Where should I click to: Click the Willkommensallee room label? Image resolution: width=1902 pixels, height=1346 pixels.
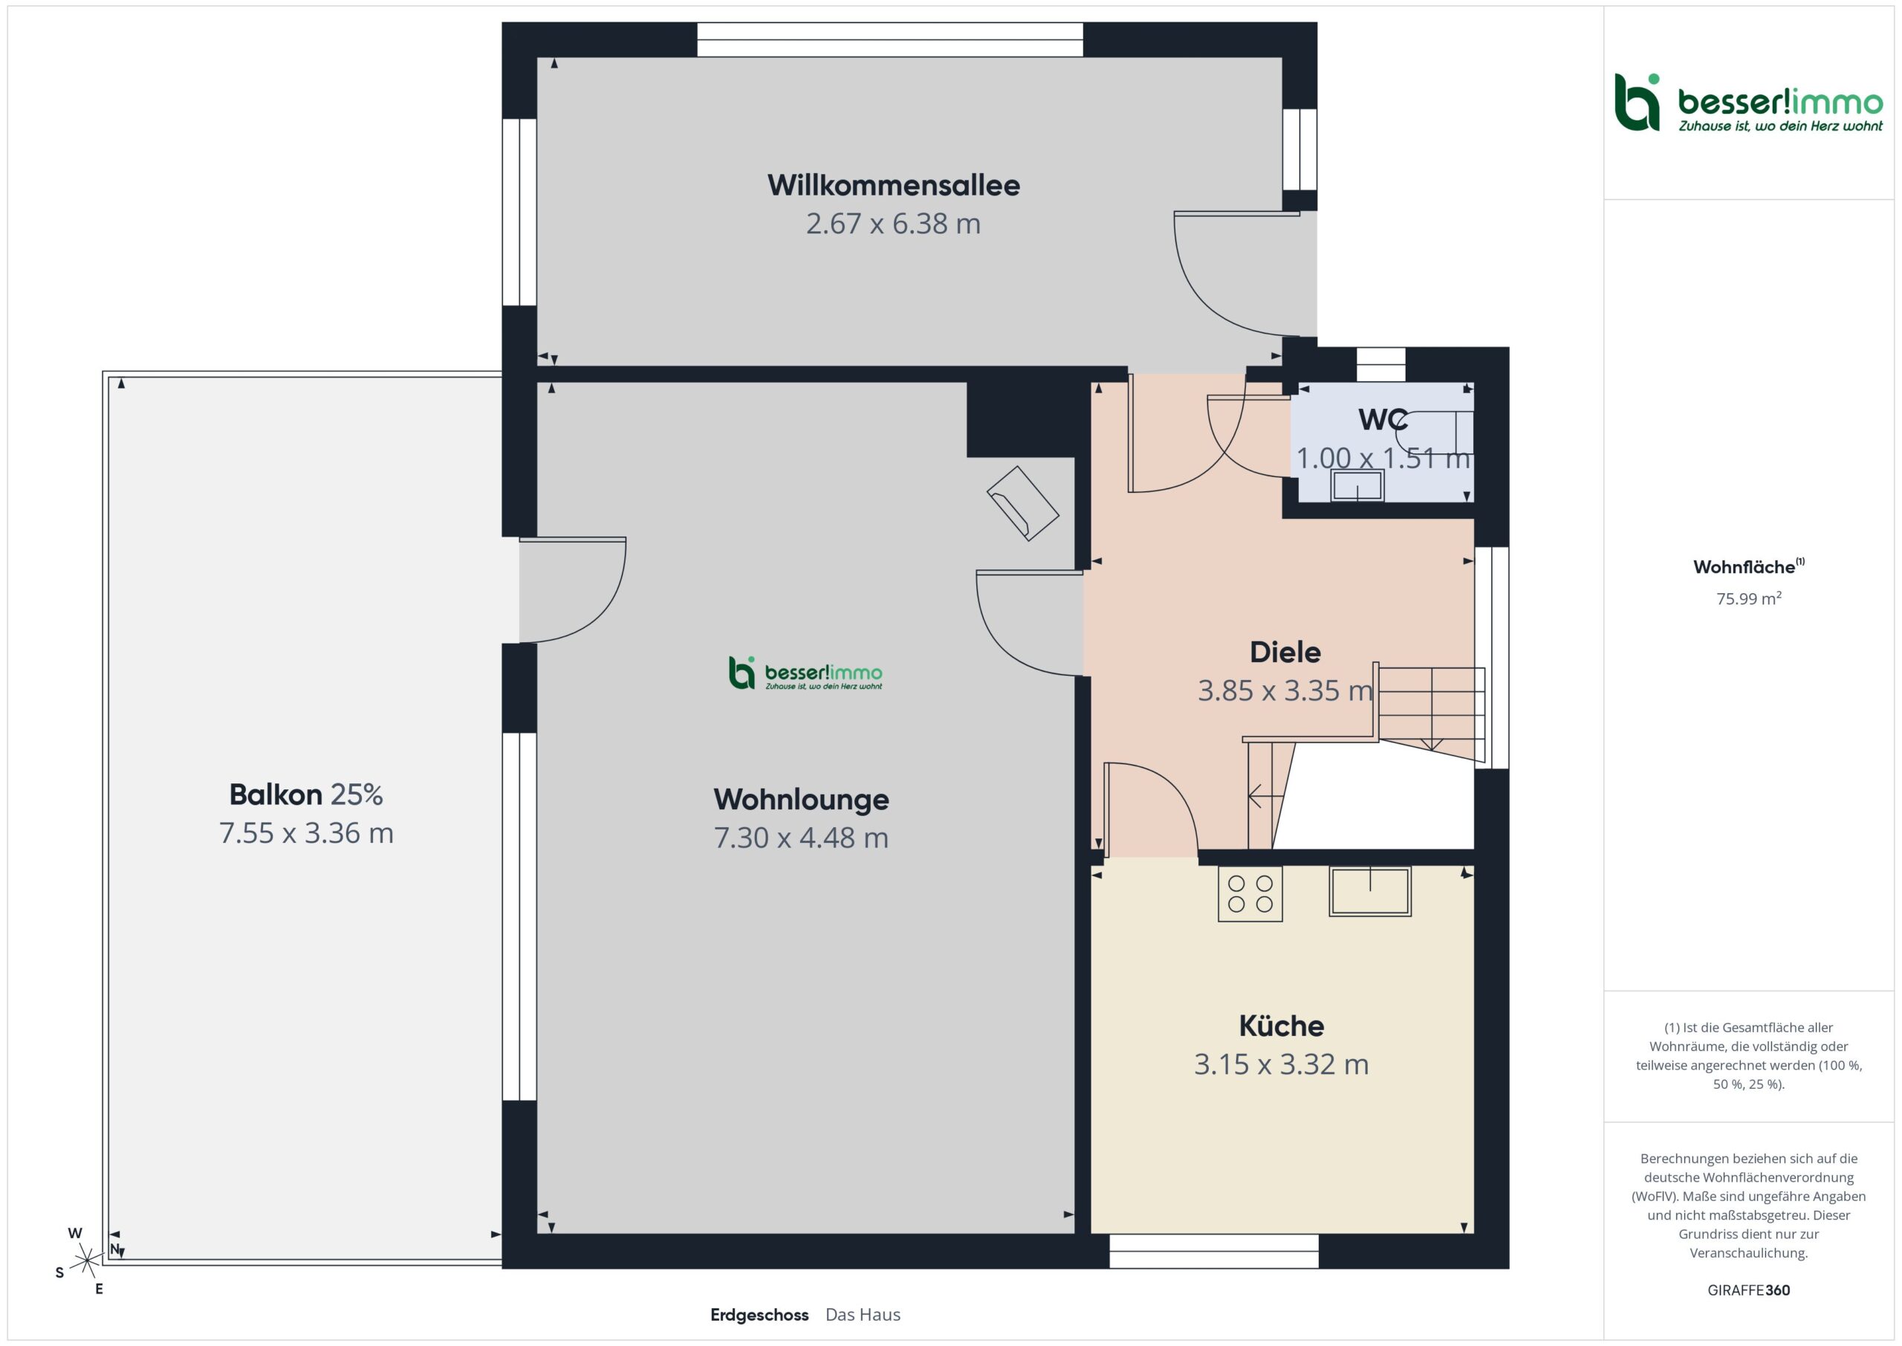(893, 185)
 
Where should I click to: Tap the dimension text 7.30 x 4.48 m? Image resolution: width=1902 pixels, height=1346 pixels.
(801, 838)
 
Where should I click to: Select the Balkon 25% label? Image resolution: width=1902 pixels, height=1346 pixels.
(305, 794)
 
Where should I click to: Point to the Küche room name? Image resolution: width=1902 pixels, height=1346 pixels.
(1282, 1026)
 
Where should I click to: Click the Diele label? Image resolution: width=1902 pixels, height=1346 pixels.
(1285, 652)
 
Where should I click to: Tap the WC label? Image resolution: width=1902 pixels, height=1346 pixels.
(1383, 420)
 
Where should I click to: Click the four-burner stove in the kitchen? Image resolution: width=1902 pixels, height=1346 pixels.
(1250, 894)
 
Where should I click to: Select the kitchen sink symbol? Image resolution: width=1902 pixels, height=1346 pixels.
(1370, 892)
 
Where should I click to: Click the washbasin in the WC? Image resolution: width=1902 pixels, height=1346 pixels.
(1357, 485)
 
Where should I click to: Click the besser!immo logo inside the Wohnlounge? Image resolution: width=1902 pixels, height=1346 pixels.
(805, 673)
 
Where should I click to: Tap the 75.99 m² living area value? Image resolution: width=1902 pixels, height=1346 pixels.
(1749, 598)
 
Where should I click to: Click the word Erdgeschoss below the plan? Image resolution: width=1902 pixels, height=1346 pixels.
(759, 1316)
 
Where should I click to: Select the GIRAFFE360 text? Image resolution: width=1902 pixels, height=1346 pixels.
(1749, 1290)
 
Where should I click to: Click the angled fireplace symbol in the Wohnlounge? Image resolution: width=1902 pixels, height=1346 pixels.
(1023, 503)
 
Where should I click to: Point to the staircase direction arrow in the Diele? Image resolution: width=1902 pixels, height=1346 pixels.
(1266, 797)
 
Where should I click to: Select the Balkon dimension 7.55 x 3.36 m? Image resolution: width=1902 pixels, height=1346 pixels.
(305, 833)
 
